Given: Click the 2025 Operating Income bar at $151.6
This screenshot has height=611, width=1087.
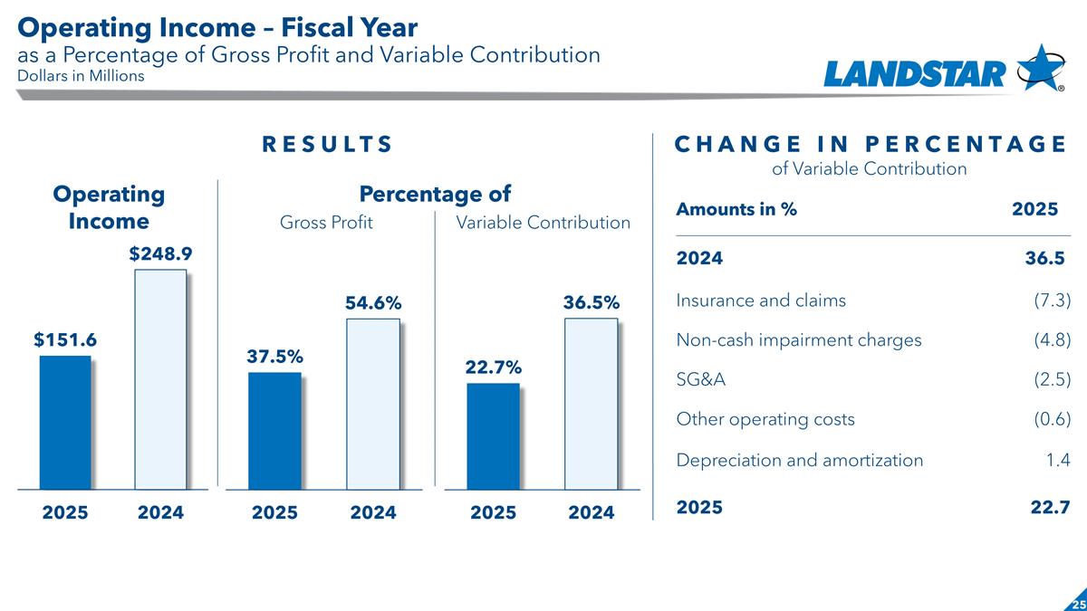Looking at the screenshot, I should point(65,422).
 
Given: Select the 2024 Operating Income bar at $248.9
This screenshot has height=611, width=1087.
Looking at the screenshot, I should point(160,379).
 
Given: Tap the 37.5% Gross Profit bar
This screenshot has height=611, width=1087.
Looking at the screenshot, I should point(274,431).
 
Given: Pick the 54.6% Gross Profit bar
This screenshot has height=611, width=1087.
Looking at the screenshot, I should point(372,404).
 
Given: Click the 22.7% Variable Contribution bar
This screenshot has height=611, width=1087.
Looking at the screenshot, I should point(494,436).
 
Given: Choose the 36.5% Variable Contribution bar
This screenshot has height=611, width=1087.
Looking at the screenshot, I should point(591,404).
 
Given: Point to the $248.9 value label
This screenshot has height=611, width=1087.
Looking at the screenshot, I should point(159,254).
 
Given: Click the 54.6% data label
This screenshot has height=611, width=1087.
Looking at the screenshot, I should point(372,304).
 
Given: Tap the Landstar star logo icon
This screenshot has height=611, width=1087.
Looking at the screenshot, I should point(1041,67).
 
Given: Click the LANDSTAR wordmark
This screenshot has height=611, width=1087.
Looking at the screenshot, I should point(915,73).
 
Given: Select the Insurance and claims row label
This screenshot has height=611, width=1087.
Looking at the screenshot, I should point(761,301).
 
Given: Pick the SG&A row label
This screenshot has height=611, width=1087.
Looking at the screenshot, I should point(700,380).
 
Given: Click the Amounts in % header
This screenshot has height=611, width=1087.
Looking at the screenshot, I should point(736,209).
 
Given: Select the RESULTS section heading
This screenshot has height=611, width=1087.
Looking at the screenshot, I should point(327,145).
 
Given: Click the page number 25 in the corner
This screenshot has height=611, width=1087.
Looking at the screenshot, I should point(1077,604).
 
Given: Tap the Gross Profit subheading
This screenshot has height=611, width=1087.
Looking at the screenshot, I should point(326,223).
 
